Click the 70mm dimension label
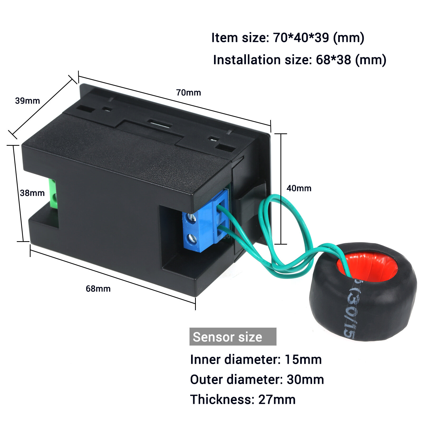coord(188,93)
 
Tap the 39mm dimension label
coord(27,101)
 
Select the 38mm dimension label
coord(32,193)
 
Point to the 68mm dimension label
coord(98,289)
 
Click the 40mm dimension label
coord(299,188)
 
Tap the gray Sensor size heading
coord(232,337)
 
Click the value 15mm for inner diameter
coord(303,360)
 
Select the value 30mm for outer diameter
coord(305,380)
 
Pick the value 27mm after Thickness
coord(277,400)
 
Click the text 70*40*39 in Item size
coord(301,38)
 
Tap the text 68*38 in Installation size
coord(333,60)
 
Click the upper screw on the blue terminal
coord(192,217)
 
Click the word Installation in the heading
coord(247,60)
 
